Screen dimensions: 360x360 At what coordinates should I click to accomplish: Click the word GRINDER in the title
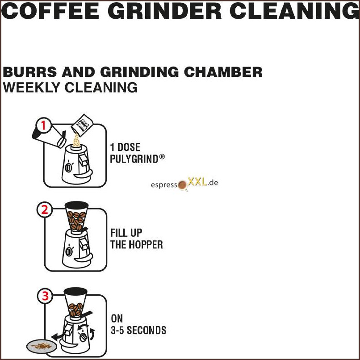pos(164,11)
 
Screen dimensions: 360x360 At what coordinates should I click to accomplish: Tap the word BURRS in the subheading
pos(29,72)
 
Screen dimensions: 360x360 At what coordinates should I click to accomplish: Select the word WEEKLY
pos(31,88)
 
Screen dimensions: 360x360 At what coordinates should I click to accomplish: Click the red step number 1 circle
pos(44,126)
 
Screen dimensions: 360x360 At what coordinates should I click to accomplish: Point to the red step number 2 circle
pos(45,209)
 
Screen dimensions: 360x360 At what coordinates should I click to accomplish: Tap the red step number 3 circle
pos(45,296)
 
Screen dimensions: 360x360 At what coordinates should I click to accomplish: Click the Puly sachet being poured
pos(82,126)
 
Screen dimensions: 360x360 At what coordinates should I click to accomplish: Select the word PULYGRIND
pos(134,159)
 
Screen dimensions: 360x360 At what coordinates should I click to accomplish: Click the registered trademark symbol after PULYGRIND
pos(162,157)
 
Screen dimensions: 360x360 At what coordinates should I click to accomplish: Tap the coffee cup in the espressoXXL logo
pos(183,185)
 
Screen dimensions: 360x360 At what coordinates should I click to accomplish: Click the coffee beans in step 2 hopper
pos(76,220)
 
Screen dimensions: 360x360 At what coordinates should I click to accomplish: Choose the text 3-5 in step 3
pos(117,331)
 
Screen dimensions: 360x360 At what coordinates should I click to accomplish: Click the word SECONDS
pos(147,331)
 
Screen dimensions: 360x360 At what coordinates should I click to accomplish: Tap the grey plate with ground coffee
pos(42,346)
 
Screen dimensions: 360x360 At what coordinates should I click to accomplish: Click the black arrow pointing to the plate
pos(58,336)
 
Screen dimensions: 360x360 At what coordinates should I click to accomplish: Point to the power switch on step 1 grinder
pos(68,167)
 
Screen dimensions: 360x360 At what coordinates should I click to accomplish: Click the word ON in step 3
pos(117,318)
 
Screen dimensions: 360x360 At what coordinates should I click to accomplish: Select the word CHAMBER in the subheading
pos(223,72)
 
